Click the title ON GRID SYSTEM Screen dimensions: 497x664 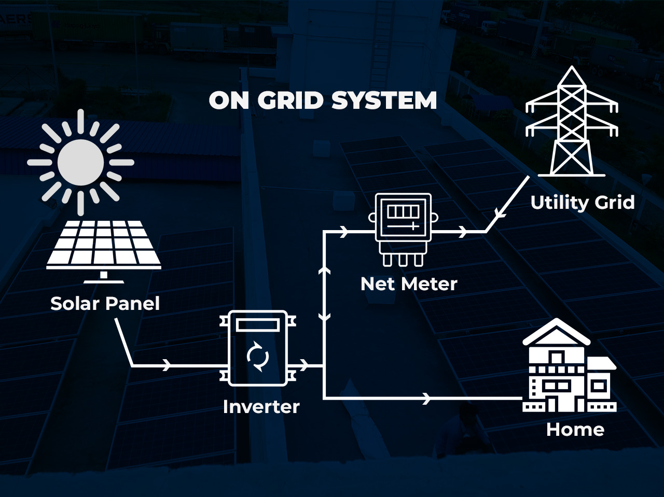pos(323,100)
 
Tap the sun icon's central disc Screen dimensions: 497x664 pos(80,162)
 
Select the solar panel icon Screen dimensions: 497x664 pos(104,246)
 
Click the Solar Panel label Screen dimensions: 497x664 pos(105,304)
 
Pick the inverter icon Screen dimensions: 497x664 pos(258,348)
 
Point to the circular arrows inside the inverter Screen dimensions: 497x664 pos(258,357)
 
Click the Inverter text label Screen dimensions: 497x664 pos(261,407)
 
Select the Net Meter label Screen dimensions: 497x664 pos(409,284)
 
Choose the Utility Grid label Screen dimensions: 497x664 pos(582,202)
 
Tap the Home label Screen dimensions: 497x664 pos(575,430)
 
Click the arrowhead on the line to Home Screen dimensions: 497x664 pos(427,398)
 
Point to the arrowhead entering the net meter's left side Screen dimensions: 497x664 pos(344,232)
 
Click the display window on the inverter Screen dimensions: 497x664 pos(258,325)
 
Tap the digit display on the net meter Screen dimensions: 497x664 pos(403,212)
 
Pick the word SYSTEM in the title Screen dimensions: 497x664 pos(384,100)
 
